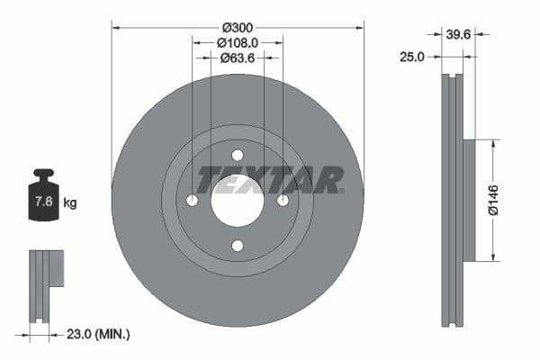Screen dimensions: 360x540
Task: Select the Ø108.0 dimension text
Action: (238, 41)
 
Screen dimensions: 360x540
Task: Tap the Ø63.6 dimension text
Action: (238, 58)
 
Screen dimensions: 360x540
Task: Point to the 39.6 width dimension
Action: (459, 35)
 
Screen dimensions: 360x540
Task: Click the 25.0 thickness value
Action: (411, 57)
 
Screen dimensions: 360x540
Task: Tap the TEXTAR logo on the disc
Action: (270, 179)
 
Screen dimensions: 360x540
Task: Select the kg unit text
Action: (69, 203)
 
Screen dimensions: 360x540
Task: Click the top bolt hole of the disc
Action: (238, 155)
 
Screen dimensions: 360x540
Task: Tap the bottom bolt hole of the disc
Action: (238, 246)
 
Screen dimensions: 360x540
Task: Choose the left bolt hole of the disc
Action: (192, 200)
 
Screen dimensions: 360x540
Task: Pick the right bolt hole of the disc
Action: (283, 200)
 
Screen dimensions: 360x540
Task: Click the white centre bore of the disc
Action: (238, 200)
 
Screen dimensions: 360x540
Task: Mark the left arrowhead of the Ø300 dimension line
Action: (115, 27)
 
